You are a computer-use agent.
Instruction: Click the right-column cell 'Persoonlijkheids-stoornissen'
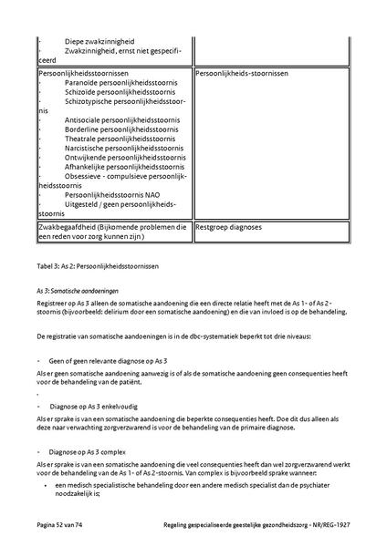[242, 72]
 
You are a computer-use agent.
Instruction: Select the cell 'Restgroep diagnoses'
[229, 225]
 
